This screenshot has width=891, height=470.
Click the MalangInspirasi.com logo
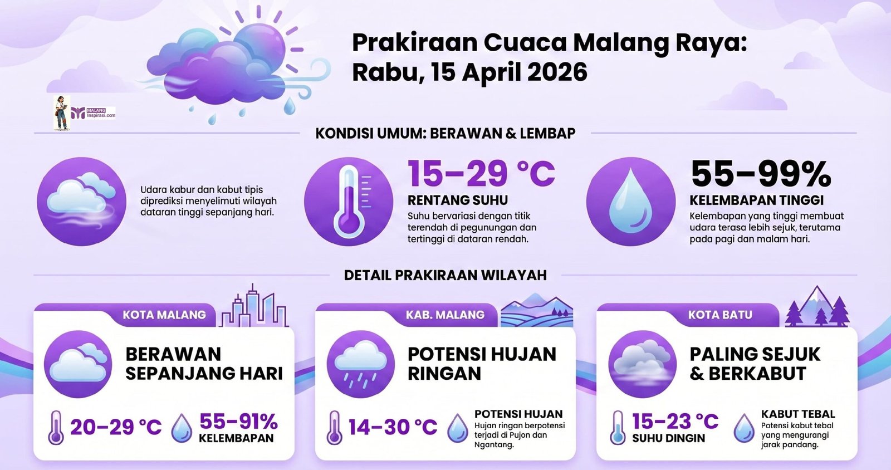(x=94, y=113)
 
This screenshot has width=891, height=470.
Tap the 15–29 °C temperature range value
(x=481, y=174)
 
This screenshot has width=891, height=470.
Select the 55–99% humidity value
(x=761, y=174)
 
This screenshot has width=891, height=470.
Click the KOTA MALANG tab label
(x=164, y=315)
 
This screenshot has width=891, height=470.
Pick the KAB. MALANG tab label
(x=445, y=315)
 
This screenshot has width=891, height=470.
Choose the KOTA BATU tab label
(x=721, y=315)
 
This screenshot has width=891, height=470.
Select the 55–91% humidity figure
(x=239, y=422)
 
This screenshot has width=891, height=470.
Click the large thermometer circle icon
(x=349, y=202)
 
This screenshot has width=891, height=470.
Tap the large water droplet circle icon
(x=631, y=202)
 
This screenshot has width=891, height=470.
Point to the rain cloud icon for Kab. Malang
(x=361, y=364)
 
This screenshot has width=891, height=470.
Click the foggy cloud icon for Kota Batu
(x=643, y=364)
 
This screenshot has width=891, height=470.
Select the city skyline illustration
(x=254, y=306)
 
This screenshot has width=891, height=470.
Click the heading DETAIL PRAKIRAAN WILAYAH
(x=445, y=275)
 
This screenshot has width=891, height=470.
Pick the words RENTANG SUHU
(x=458, y=200)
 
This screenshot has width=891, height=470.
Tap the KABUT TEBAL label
(x=798, y=414)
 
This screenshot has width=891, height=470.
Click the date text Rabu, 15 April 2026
(x=470, y=72)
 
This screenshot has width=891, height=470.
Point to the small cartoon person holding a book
(x=62, y=113)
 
